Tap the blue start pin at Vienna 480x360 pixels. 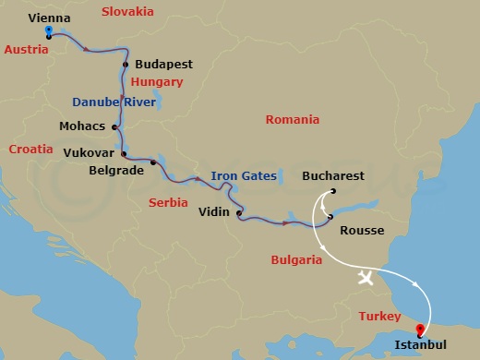coord(48,32)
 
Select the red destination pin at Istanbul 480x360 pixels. coord(420,329)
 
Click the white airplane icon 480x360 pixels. coord(366,278)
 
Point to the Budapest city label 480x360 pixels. coord(163,65)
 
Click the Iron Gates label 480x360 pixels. coord(243,175)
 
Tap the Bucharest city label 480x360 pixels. coord(333,175)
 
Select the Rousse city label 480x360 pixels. coord(362,231)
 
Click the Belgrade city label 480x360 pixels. coord(117,170)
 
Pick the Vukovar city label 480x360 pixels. coord(90,153)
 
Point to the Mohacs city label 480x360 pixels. coord(82,127)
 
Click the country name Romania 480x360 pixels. coord(292,119)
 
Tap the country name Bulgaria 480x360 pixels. coord(296,260)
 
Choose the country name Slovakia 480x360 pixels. coord(127,11)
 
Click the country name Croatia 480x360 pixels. coord(31,148)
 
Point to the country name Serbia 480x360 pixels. coord(168,202)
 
